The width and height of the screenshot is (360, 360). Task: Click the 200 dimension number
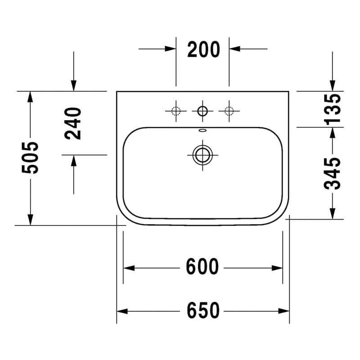204,49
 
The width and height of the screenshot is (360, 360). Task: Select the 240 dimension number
73,123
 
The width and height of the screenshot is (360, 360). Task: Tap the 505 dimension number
30,158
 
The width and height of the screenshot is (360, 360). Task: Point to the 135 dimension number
332,109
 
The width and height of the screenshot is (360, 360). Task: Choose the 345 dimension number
332,174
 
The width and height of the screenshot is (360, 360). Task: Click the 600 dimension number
202,266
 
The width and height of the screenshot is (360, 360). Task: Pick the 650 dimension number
203,310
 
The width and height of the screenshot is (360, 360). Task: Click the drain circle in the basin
202,155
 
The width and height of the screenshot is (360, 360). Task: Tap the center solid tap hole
202,111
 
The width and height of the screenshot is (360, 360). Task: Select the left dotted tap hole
176,111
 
